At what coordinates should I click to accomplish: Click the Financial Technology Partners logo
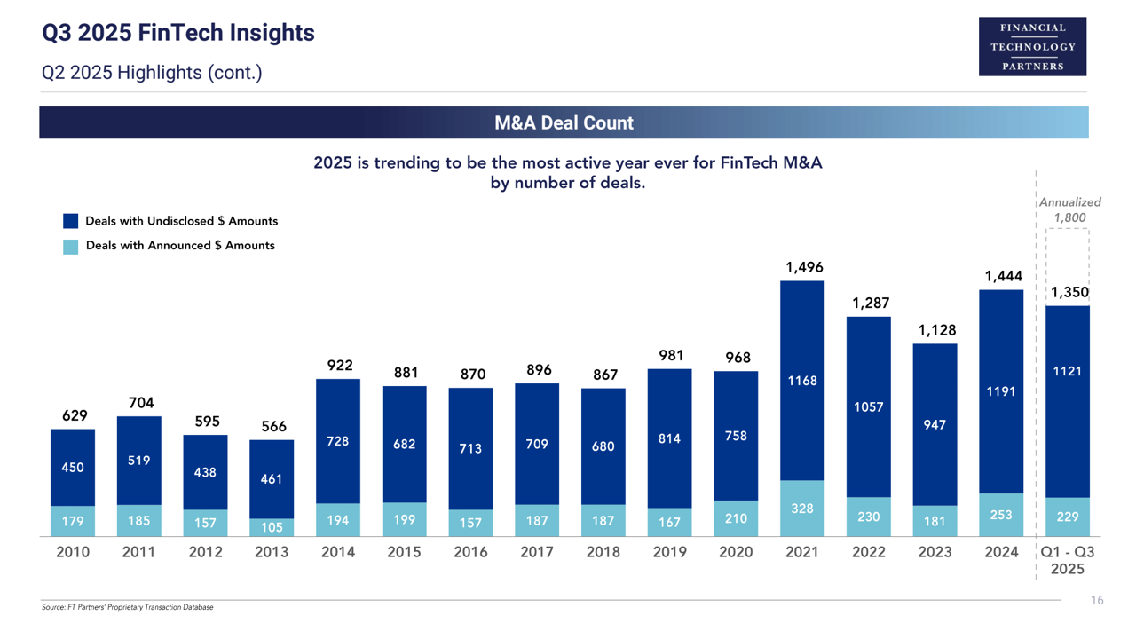[x=1032, y=46]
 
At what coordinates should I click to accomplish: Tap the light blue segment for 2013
[x=272, y=526]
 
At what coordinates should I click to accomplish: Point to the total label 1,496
[x=803, y=267]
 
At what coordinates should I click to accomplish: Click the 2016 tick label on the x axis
[x=470, y=552]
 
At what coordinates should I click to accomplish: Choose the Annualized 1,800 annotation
[x=1069, y=209]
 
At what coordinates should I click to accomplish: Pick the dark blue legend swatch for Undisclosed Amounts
[x=71, y=221]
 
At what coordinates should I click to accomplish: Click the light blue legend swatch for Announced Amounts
[x=71, y=246]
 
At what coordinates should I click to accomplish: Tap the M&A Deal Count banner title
[x=564, y=122]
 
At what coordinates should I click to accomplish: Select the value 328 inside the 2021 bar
[x=802, y=509]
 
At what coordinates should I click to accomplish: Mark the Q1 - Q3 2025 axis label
[x=1067, y=560]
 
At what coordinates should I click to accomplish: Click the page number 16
[x=1097, y=601]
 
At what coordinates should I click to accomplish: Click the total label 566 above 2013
[x=273, y=427]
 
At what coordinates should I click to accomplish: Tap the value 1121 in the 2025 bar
[x=1067, y=372]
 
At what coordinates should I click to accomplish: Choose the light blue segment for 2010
[x=73, y=521]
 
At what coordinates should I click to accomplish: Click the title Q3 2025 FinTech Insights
[x=178, y=34]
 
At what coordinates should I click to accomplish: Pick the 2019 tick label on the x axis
[x=669, y=552]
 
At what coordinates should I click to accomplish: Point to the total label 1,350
[x=1069, y=293]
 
